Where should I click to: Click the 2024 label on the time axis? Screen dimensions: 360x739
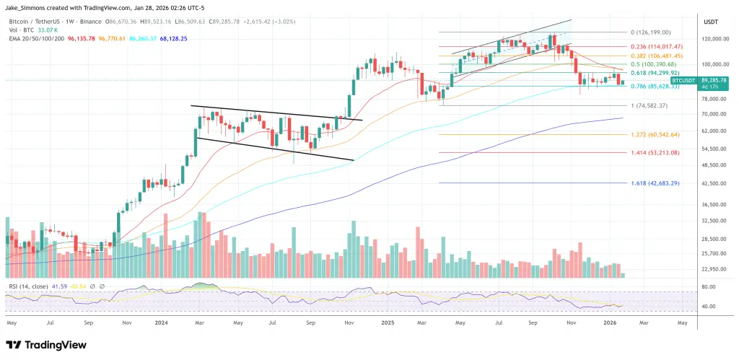(x=161, y=323)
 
